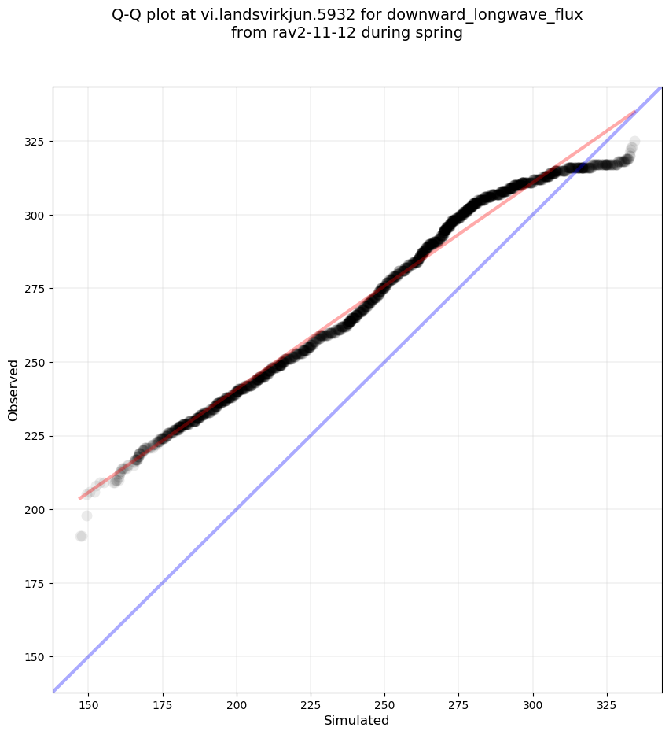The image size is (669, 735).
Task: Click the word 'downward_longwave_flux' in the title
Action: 500,15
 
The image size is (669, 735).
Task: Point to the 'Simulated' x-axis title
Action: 357,720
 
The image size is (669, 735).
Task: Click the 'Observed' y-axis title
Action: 13,390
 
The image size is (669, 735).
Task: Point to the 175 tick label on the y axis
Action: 35,583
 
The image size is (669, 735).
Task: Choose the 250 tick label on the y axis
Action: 35,362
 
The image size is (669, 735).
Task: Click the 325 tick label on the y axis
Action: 35,142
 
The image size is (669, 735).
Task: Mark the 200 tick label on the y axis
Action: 35,509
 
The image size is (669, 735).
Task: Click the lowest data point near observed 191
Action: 80,536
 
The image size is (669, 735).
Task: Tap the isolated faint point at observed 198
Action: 86,515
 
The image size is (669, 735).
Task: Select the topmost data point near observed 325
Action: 634,142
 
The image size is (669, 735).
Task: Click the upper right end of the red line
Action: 634,111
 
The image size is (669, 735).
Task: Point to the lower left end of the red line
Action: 79,498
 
